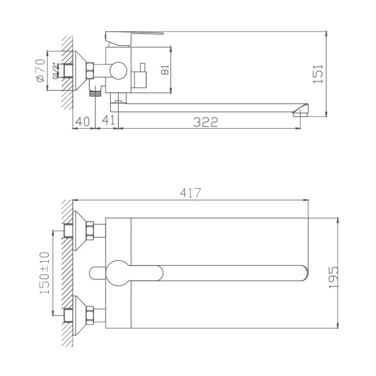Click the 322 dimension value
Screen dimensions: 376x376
pyautogui.click(x=205, y=122)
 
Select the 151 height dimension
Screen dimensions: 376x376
pyautogui.click(x=318, y=74)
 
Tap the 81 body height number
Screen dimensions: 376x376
pyautogui.click(x=165, y=70)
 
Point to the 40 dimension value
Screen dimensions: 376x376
pyautogui.click(x=82, y=122)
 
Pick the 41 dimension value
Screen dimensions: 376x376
pyautogui.click(x=109, y=120)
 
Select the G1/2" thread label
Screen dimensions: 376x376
pyautogui.click(x=55, y=71)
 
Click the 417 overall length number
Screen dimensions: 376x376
pyautogui.click(x=191, y=193)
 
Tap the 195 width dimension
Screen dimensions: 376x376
pyautogui.click(x=333, y=277)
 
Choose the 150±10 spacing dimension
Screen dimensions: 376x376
pyautogui.click(x=45, y=273)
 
